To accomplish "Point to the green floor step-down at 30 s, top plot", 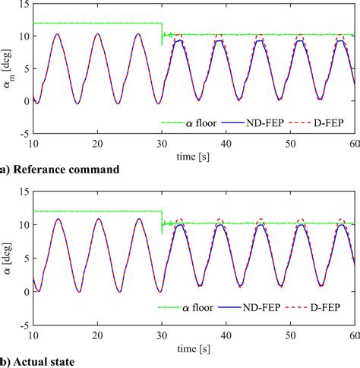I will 162,34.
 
